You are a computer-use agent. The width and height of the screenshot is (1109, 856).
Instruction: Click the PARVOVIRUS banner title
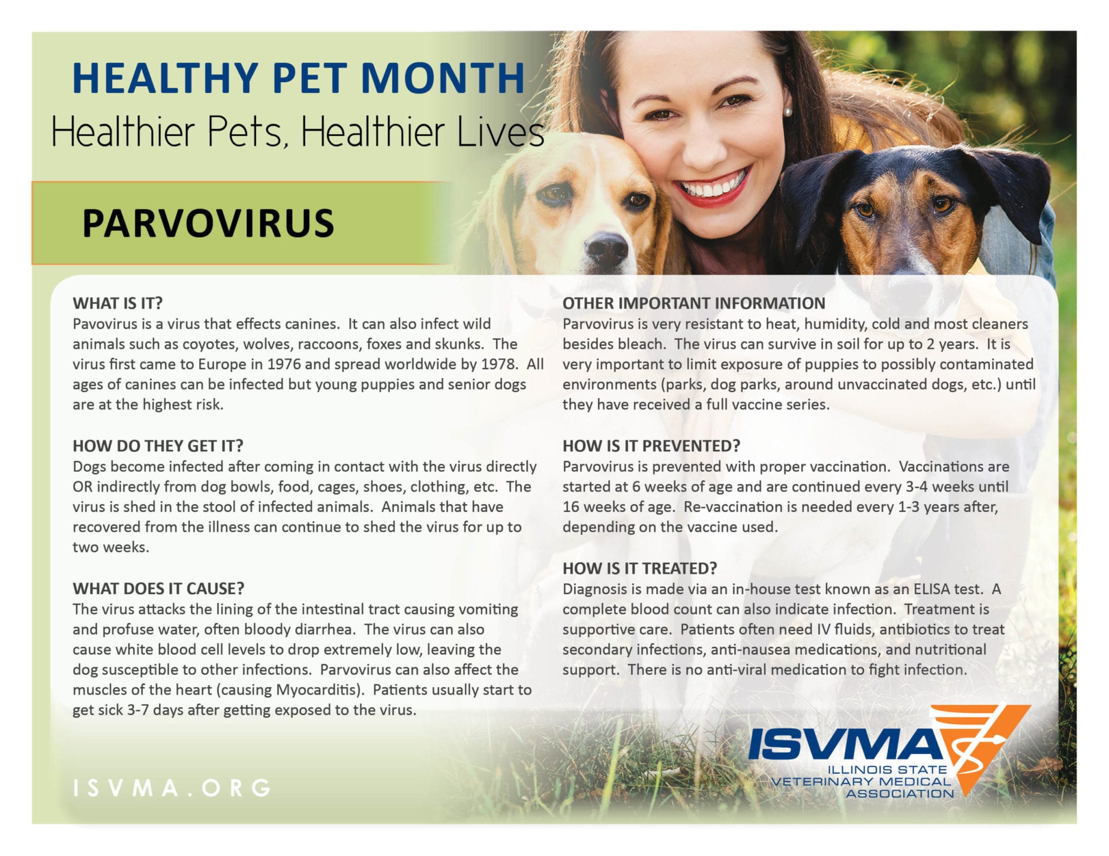tap(208, 223)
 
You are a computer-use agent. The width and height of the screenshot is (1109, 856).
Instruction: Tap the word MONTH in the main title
tap(442, 78)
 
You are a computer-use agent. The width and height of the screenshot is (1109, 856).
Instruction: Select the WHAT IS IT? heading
tap(118, 303)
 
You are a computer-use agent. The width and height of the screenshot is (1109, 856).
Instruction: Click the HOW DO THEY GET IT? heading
tap(158, 446)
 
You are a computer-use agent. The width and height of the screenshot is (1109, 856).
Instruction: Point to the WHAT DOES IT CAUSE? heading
tap(159, 589)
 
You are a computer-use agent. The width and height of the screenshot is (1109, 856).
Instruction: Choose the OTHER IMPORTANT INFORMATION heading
tap(694, 303)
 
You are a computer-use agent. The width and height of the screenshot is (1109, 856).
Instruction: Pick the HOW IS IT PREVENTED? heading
tap(651, 446)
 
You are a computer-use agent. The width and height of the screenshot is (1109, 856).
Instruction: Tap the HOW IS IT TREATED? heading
tap(640, 568)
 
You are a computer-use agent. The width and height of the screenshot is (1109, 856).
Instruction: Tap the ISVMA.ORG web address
tap(172, 788)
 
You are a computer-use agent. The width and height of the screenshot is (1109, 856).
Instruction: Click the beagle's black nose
tap(606, 249)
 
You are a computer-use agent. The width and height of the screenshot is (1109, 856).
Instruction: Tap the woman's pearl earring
tap(788, 112)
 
